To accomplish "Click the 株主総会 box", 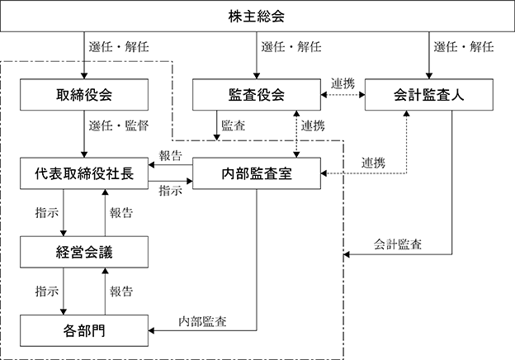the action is (x=257, y=16).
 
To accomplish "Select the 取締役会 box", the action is (x=84, y=95).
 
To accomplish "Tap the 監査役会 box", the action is (x=257, y=95).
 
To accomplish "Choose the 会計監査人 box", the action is (x=429, y=95).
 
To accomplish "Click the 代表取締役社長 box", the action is (x=84, y=173).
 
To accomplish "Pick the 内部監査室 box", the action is (x=257, y=173).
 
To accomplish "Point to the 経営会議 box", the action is (x=84, y=252).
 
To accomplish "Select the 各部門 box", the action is (x=84, y=331).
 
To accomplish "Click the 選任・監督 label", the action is (x=119, y=126).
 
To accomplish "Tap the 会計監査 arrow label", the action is (x=398, y=244).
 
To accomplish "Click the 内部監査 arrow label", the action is (x=202, y=321).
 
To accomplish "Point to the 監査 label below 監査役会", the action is (x=234, y=126).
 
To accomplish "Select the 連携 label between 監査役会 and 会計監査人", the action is (x=343, y=83).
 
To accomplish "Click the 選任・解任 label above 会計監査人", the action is (x=464, y=47).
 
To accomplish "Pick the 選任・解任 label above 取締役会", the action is (x=119, y=47).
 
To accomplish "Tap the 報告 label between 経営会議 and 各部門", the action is (x=121, y=291).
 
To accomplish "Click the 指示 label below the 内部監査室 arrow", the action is (x=171, y=191).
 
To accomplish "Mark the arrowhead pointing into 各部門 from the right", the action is (x=151, y=330).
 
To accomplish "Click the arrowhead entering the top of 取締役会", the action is (x=84, y=76).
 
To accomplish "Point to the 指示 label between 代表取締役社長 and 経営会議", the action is (x=47, y=213).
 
